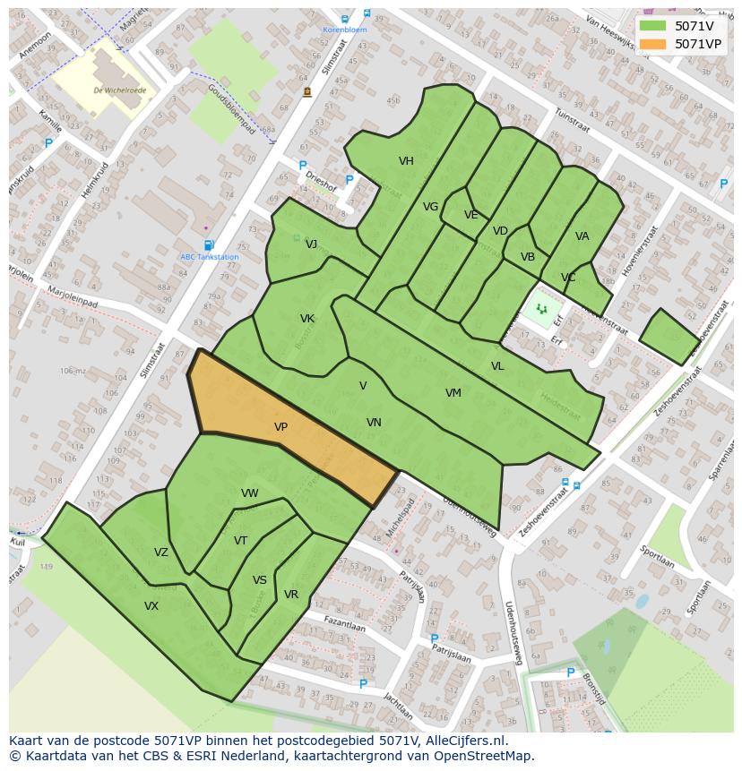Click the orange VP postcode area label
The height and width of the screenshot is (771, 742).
280,428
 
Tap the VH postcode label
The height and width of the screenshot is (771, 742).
406,161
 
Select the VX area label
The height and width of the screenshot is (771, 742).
151,606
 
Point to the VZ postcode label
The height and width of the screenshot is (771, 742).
160,553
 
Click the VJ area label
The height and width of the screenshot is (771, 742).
311,244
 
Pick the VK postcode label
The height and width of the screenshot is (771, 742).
307,319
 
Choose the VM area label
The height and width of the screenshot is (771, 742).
453,393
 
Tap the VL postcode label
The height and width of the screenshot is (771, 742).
497,366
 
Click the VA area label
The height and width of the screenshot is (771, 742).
582,236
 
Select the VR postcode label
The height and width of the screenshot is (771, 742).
291,595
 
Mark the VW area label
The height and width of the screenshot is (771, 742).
250,493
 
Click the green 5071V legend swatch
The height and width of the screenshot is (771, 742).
653,26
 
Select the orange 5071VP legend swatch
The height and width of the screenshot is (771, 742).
653,44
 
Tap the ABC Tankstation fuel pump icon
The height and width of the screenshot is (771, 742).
209,244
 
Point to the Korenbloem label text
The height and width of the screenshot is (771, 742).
345,30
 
